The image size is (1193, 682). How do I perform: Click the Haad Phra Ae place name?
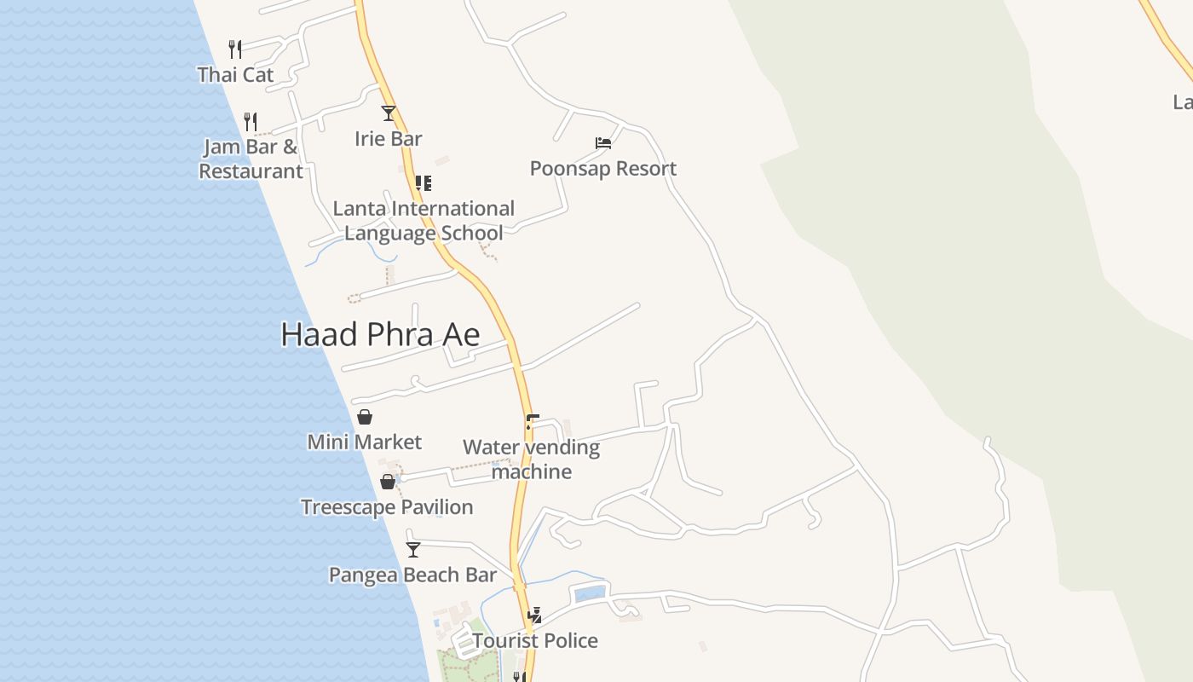[x=380, y=334]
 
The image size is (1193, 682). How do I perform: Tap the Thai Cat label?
[x=235, y=75]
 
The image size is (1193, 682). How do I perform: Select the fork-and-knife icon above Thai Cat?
[x=235, y=49]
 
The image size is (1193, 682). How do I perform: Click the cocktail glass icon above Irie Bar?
[x=389, y=113]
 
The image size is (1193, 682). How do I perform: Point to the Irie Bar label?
[x=389, y=138]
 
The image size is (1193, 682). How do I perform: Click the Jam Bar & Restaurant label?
[x=251, y=159]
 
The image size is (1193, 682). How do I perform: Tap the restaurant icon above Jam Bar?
[x=251, y=121]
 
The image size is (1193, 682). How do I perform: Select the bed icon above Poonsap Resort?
[x=603, y=143]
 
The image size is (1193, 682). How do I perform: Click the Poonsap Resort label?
[x=603, y=169]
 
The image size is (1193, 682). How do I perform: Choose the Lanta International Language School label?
[x=424, y=221]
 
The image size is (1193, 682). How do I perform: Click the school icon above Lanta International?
[x=424, y=182]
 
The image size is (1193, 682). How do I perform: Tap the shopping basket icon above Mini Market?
[x=365, y=417]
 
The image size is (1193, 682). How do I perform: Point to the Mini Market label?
[x=365, y=442]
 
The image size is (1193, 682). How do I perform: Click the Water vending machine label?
[x=532, y=459]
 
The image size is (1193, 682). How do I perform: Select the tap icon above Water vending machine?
[x=532, y=421]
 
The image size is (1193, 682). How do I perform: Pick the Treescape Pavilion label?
[x=387, y=507]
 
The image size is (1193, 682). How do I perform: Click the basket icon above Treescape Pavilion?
[x=388, y=483]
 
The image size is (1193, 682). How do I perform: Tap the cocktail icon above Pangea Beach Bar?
[x=413, y=550]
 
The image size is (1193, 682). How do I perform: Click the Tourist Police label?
[x=535, y=641]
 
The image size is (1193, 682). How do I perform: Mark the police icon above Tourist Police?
[x=535, y=615]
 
